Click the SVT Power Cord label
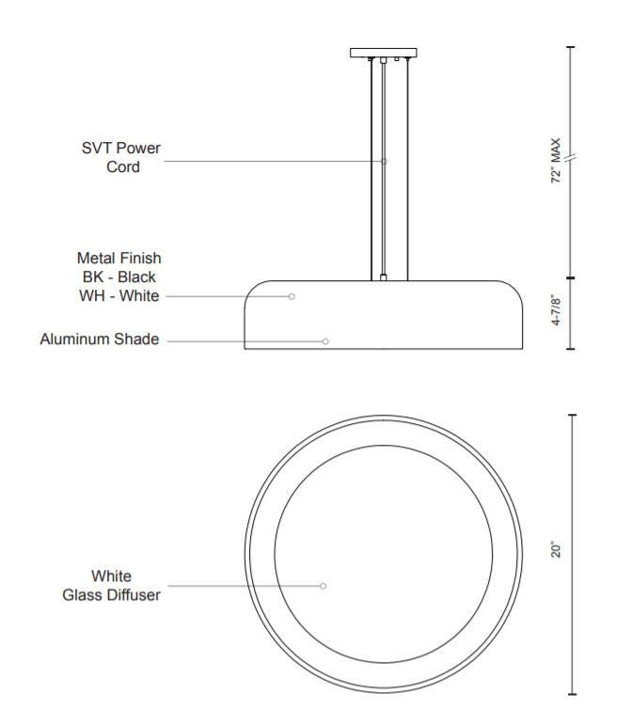121,157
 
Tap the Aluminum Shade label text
100,339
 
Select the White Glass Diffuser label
111,586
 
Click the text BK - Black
118,277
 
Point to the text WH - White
118,295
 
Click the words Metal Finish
118,258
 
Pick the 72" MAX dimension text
556,161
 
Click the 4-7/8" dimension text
556,311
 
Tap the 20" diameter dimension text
556,550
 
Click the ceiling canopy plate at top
384,53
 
